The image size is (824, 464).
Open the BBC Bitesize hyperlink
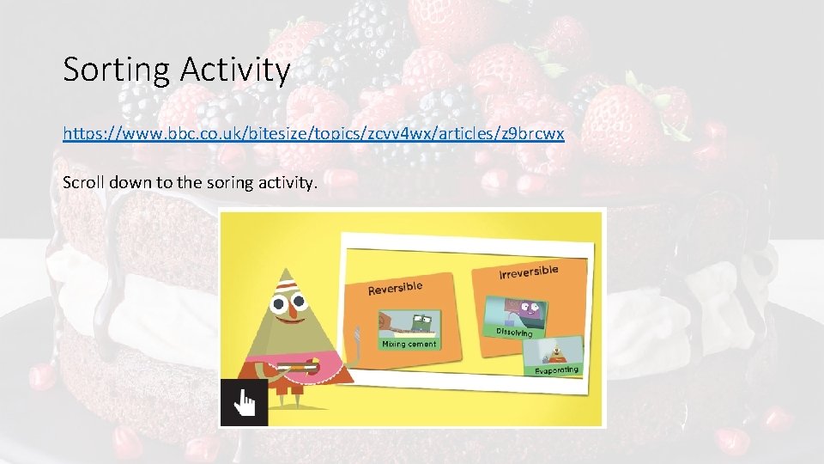313,135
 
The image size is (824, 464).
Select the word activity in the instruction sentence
280,182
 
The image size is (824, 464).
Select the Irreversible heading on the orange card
528,272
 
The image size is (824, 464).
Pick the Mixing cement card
408,331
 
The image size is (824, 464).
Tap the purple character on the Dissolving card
518,308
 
